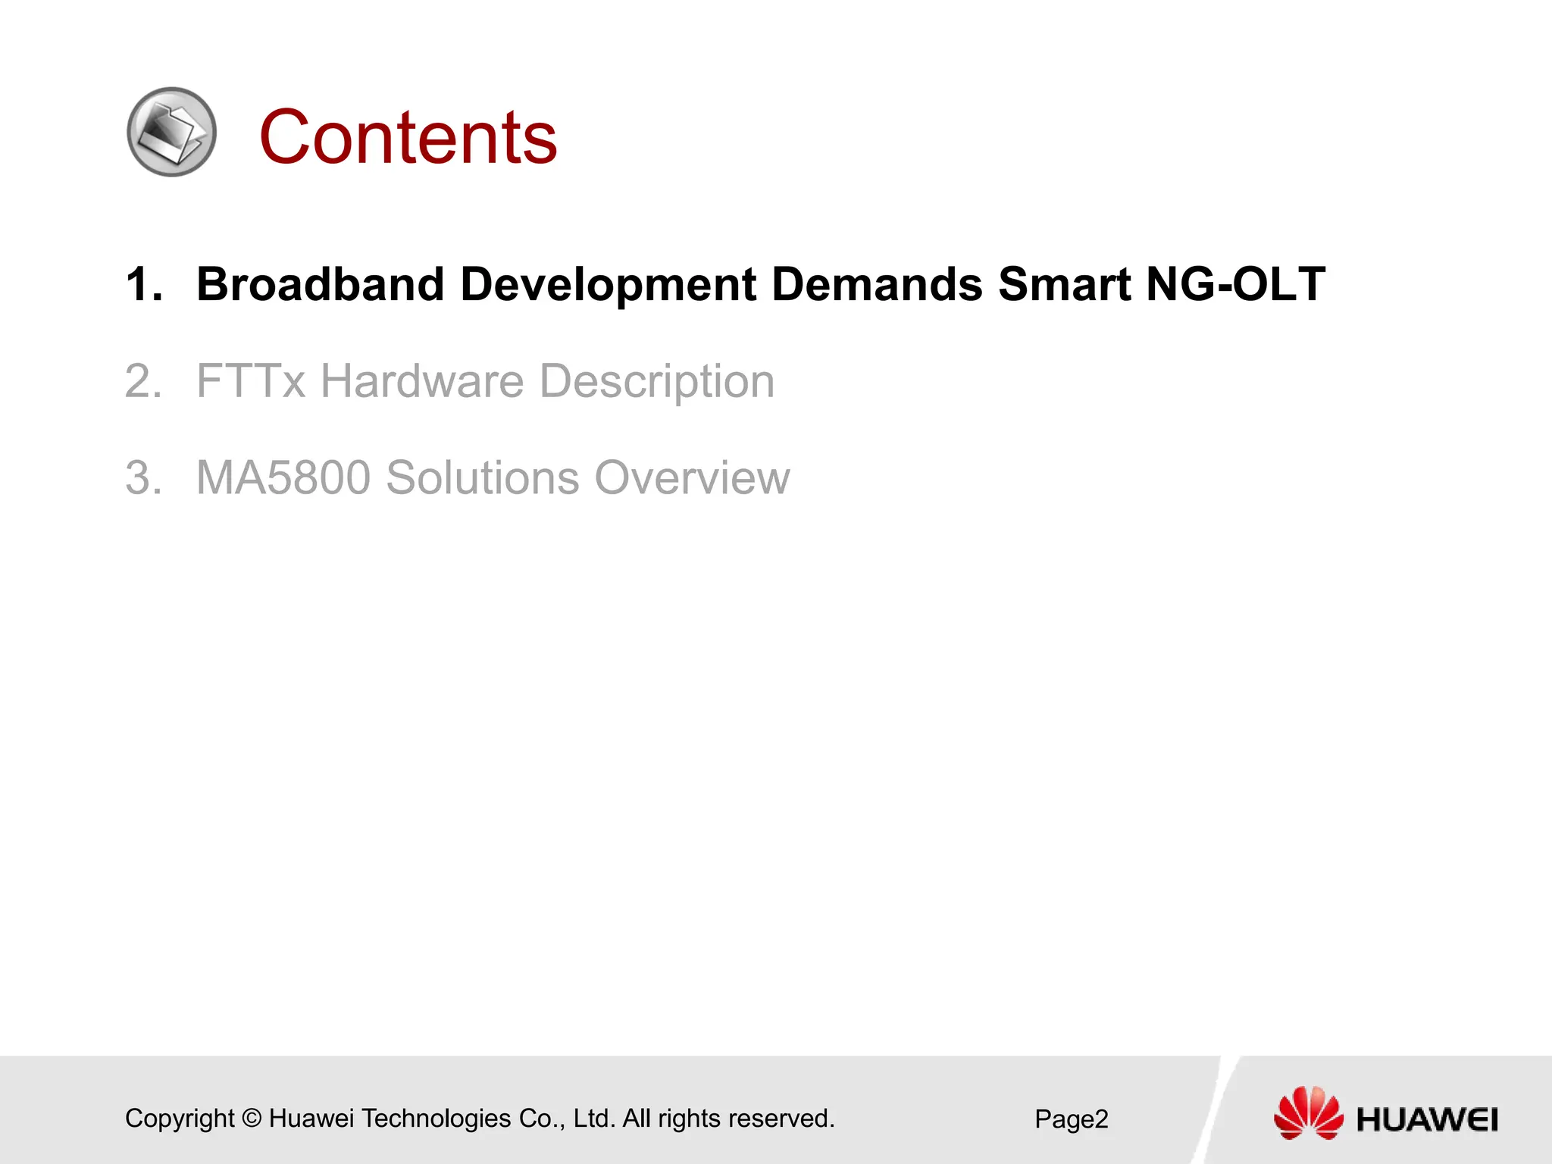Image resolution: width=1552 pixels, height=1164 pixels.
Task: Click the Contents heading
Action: click(x=408, y=137)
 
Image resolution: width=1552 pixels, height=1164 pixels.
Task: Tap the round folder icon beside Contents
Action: click(x=172, y=132)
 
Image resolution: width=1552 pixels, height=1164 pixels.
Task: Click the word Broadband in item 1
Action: click(x=320, y=284)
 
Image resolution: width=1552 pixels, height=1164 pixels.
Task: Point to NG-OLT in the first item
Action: click(x=1235, y=284)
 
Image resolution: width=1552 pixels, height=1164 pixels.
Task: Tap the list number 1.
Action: click(x=143, y=285)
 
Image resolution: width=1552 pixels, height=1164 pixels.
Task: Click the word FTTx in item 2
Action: click(x=250, y=380)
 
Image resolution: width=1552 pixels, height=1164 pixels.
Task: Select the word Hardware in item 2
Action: click(x=421, y=380)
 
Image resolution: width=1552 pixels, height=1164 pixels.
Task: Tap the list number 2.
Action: click(x=143, y=381)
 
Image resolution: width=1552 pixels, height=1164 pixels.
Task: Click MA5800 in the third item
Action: click(x=283, y=477)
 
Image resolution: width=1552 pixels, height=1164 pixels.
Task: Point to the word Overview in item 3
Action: click(x=692, y=477)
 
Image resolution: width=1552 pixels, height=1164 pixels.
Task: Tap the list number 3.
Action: click(x=143, y=478)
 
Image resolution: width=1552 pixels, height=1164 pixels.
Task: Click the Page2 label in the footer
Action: click(x=1071, y=1119)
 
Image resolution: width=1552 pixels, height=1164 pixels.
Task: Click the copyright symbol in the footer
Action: click(x=252, y=1119)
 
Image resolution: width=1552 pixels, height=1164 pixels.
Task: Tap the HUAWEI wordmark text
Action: click(x=1427, y=1120)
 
